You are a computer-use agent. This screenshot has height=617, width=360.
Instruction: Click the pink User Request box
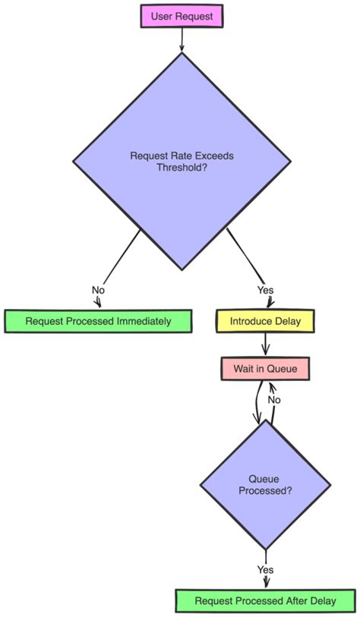182,16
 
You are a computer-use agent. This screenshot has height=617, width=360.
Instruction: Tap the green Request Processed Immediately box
98,321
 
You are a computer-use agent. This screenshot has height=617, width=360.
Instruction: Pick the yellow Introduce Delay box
265,321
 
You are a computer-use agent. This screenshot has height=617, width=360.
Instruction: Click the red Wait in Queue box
265,369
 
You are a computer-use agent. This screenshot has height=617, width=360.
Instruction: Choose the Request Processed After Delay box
265,601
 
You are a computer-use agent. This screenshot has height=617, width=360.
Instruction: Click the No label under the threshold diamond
98,290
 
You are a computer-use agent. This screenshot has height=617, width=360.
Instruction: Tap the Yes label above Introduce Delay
265,290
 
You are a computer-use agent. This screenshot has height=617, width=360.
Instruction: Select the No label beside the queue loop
274,399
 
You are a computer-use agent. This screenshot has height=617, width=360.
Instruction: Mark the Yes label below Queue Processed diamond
265,569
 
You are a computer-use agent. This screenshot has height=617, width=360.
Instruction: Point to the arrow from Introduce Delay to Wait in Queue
265,345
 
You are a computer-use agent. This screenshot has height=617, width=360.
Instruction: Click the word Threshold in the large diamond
182,167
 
